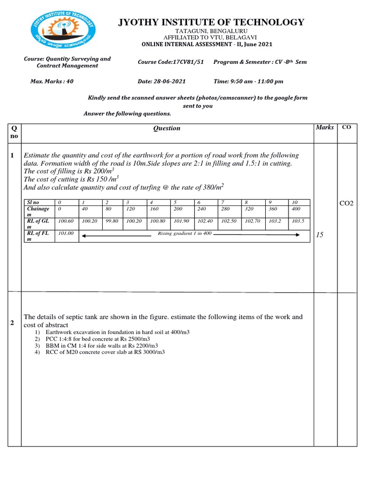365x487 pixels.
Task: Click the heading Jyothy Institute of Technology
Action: [211, 22]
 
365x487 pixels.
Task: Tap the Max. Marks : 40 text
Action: [52, 81]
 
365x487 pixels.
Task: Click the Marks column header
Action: [325, 127]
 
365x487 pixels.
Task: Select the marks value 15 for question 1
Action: [320, 235]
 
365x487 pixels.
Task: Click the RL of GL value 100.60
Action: [66, 221]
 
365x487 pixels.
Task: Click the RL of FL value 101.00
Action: [65, 234]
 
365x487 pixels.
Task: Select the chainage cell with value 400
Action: [296, 209]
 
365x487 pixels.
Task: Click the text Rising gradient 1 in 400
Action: [185, 234]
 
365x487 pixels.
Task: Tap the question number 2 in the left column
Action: [12, 323]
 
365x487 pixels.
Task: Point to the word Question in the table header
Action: [167, 128]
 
